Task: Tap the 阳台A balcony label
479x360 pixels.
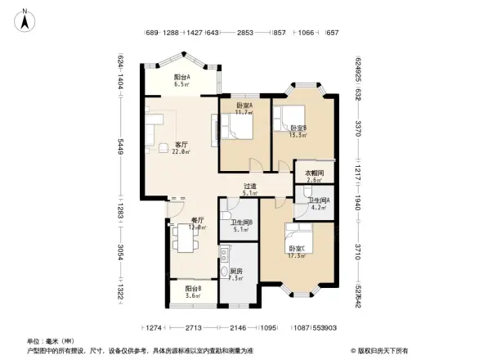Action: pos(181,80)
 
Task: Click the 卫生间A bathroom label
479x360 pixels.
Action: pos(317,205)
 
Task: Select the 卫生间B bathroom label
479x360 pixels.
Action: pos(241,225)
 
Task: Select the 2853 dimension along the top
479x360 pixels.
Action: pos(244,33)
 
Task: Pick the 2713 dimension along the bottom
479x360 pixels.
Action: pos(194,327)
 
